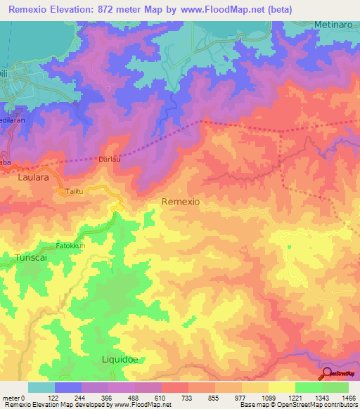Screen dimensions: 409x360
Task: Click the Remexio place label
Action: (181, 202)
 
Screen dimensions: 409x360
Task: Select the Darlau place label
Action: (111, 160)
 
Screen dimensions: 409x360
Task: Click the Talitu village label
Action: (75, 191)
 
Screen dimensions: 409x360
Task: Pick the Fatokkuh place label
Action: (71, 247)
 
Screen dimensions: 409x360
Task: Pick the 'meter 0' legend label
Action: (14, 397)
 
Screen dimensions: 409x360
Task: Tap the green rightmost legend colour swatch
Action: (335, 387)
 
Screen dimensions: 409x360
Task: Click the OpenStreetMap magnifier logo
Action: (327, 373)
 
